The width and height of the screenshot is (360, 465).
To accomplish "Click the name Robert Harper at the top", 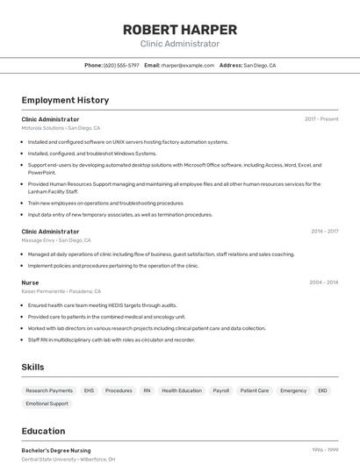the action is (180, 29).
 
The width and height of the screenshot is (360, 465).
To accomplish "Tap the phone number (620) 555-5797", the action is (121, 65).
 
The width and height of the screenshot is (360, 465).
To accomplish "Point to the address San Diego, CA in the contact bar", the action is (259, 65).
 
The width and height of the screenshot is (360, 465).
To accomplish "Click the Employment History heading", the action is (65, 100).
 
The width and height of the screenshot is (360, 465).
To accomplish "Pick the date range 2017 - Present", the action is (321, 118).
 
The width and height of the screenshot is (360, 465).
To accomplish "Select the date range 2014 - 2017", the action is (324, 231).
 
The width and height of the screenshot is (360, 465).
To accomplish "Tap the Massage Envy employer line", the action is (56, 240).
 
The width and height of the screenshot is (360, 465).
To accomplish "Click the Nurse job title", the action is (30, 283).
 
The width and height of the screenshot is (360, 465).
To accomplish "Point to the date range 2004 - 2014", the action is (323, 283).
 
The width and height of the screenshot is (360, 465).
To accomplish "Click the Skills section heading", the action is (32, 367).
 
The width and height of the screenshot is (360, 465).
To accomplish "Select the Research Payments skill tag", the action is (49, 390).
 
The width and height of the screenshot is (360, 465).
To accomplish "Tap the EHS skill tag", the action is (89, 390).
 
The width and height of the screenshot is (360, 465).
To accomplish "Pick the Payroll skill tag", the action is (220, 390).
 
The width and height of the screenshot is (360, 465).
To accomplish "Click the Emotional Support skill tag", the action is (47, 404).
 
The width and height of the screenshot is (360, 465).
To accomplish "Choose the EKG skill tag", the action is (322, 390).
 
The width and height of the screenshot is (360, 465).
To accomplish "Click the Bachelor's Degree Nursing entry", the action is (55, 450).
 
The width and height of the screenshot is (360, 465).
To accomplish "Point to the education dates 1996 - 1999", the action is (325, 450).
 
